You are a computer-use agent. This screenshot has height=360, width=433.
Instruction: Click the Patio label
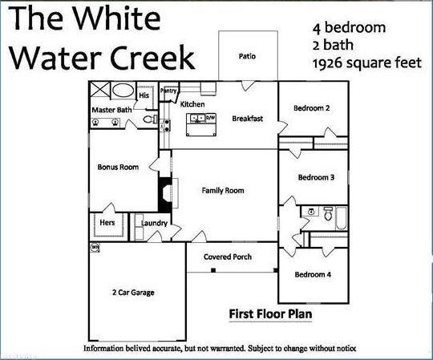(247, 57)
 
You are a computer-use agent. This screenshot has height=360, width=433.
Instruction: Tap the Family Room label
(222, 191)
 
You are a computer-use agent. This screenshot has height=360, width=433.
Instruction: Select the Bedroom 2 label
(311, 108)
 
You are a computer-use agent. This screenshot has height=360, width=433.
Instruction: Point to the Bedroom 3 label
(315, 177)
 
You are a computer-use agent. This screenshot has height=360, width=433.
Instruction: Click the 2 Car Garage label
(133, 293)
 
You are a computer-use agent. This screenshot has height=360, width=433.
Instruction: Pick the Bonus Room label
(118, 168)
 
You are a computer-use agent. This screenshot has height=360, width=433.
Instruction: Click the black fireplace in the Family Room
(165, 192)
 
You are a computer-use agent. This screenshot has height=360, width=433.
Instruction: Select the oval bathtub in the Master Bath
(123, 90)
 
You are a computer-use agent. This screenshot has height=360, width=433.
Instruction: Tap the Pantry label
(168, 91)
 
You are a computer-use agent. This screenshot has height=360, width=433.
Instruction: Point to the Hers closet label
(107, 223)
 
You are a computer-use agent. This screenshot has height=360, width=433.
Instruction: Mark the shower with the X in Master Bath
(101, 90)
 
